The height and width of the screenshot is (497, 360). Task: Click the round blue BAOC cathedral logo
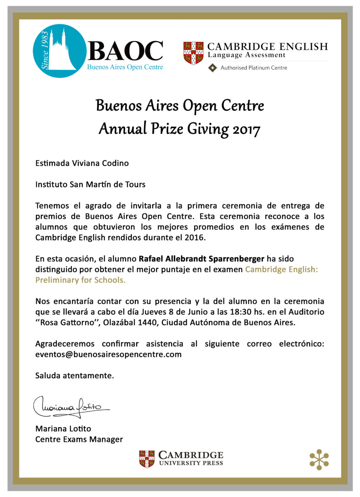click(x=60, y=51)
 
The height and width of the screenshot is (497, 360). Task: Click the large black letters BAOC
click(x=125, y=51)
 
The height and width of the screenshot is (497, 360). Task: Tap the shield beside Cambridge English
click(x=193, y=53)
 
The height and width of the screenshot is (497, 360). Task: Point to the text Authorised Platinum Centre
click(x=254, y=68)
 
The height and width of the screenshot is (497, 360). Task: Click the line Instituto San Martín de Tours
click(x=90, y=185)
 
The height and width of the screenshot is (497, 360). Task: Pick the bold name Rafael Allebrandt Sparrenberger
click(x=201, y=259)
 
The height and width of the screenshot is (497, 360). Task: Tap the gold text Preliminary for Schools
click(x=80, y=280)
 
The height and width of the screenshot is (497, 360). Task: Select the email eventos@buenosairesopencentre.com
click(x=108, y=355)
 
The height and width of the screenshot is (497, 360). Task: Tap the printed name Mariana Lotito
click(x=63, y=429)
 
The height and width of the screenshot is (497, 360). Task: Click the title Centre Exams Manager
click(x=79, y=439)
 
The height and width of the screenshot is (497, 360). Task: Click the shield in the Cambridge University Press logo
click(x=147, y=459)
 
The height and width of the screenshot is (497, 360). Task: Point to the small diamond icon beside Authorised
click(x=213, y=68)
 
